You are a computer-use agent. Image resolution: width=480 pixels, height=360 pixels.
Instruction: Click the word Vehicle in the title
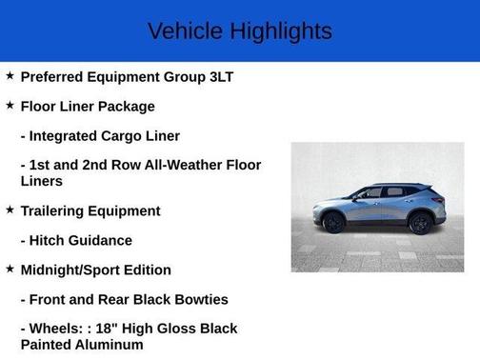tap(183, 31)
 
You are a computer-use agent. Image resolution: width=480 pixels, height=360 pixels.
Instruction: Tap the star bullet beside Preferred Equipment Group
tap(10, 75)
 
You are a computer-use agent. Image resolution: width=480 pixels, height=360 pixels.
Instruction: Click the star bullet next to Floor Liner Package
tap(10, 105)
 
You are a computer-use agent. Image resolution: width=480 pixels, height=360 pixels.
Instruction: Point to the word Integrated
tap(70, 136)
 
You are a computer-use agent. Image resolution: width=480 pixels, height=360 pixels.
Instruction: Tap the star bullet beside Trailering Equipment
tap(10, 210)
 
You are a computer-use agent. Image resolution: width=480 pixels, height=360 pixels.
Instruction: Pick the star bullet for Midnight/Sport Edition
tap(10, 269)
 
